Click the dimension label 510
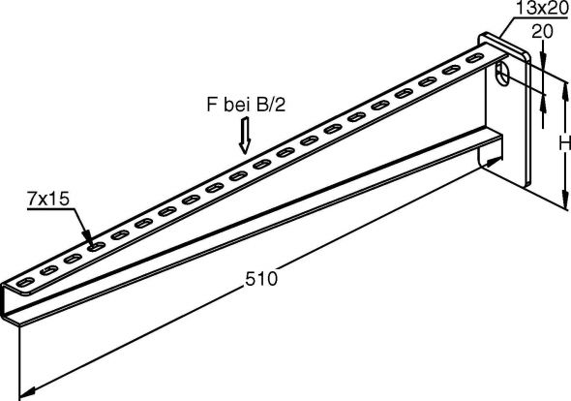[263, 279]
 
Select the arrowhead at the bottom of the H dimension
[562, 204]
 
